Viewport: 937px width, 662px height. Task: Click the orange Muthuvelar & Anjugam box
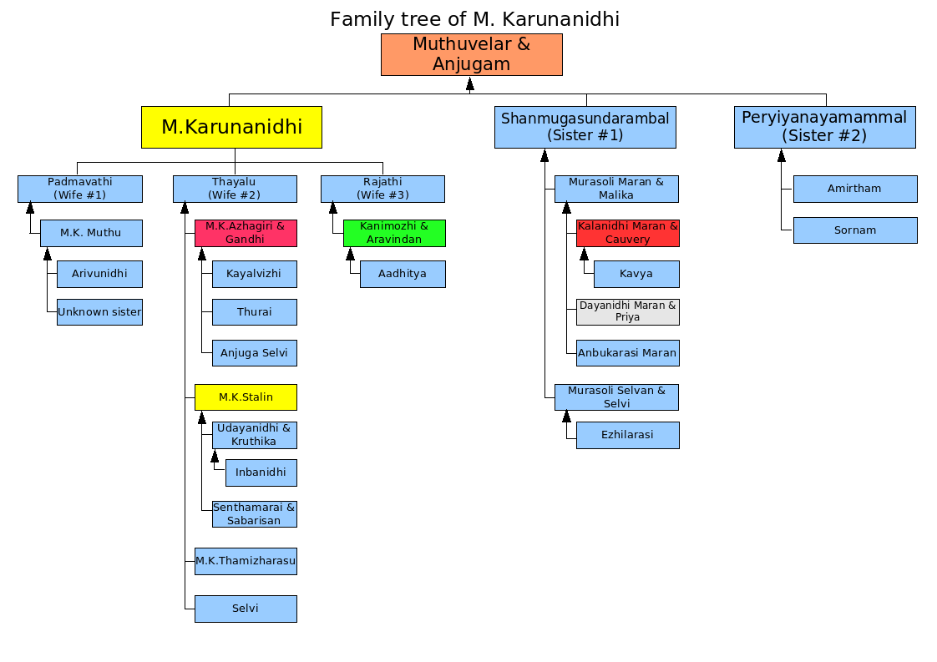point(472,54)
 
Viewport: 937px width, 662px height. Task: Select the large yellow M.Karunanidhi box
point(232,127)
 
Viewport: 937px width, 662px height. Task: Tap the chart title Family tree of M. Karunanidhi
point(474,19)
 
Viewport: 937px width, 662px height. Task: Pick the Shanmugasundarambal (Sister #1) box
point(585,127)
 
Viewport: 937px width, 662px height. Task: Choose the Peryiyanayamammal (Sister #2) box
point(824,127)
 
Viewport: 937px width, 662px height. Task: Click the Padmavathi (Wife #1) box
point(80,189)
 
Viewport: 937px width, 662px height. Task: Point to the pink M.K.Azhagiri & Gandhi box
point(246,233)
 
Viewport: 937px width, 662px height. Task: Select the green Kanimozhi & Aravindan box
point(394,233)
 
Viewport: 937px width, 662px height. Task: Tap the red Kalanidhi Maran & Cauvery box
point(628,233)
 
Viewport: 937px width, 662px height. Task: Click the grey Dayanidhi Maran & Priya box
point(628,312)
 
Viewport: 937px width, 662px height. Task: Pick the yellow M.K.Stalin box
point(246,397)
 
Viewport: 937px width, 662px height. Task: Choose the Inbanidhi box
point(261,472)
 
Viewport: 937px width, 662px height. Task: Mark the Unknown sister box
point(99,312)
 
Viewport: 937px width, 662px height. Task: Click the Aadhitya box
point(403,275)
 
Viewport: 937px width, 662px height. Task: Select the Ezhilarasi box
point(628,435)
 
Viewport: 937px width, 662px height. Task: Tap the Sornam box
point(855,230)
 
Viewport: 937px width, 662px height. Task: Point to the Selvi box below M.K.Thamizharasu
point(246,609)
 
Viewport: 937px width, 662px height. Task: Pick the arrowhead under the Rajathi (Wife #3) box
point(333,208)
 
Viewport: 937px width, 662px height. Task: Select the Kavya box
point(636,275)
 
